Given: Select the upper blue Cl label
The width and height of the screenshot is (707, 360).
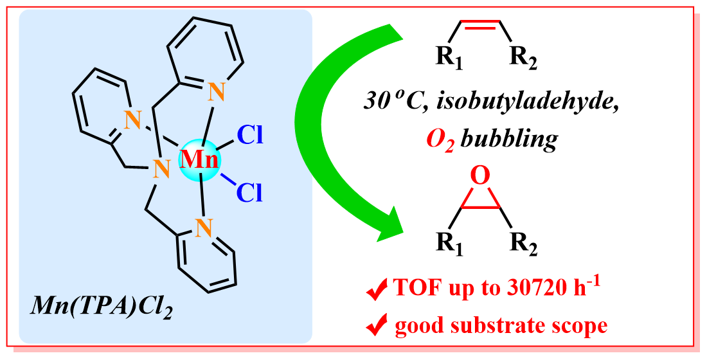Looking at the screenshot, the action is [250, 135].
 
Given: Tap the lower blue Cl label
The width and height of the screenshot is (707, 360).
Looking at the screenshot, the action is [250, 191].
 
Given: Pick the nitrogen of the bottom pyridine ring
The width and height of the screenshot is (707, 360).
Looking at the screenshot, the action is [204, 226].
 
